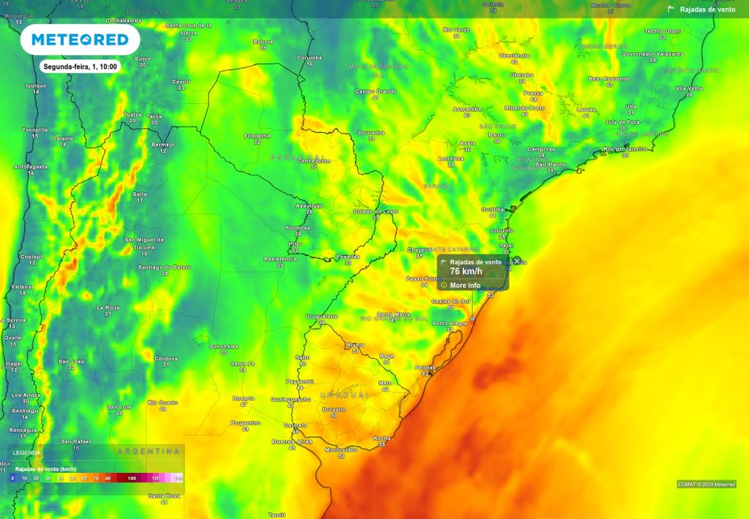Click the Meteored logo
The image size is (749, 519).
tap(80, 39)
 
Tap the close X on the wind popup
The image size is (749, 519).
tap(517, 261)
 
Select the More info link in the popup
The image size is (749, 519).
tap(465, 285)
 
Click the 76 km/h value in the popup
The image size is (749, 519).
tap(466, 271)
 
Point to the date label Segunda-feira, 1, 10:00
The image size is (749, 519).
tap(80, 67)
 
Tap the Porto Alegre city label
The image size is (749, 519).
tap(449, 323)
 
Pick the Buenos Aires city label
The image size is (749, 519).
tap(292, 442)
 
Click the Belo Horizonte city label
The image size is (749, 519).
tap(609, 78)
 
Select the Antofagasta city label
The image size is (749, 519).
tap(31, 167)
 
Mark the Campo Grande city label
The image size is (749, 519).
tap(375, 91)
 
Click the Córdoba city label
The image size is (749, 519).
tap(167, 358)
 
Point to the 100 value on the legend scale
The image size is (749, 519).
tap(132, 477)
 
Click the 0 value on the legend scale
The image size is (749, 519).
tap(12, 477)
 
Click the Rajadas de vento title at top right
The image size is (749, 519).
tap(707, 10)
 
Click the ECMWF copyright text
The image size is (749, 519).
tap(706, 484)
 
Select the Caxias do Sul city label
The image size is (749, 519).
tap(451, 300)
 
